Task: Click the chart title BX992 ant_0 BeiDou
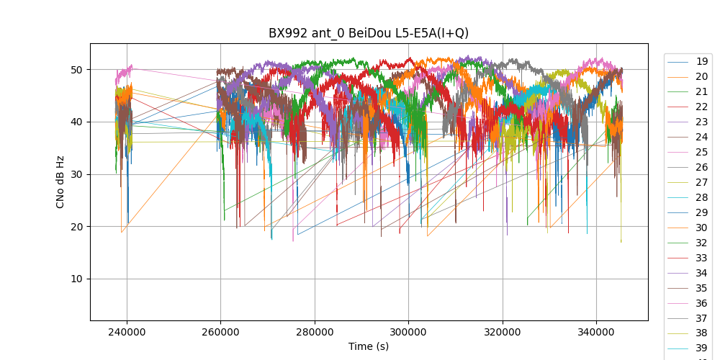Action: point(369,33)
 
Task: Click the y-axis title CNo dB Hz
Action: point(60,182)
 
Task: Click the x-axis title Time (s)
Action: point(369,346)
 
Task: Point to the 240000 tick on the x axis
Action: point(127,332)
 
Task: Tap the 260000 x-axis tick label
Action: point(221,332)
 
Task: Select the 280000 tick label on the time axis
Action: point(315,332)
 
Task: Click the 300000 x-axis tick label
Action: point(408,332)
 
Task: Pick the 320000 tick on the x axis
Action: point(503,332)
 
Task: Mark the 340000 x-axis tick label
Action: point(596,332)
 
